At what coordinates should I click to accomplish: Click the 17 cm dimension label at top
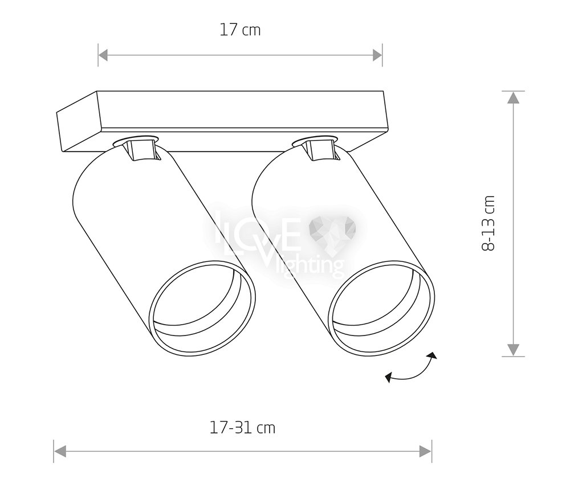point(241,30)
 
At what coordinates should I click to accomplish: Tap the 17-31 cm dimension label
point(242,427)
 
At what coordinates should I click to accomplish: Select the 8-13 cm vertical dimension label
point(488,223)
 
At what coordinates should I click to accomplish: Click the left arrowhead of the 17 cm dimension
point(103,56)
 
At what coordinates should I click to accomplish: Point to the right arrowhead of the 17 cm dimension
point(377,56)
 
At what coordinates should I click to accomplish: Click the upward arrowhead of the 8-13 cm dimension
point(513,97)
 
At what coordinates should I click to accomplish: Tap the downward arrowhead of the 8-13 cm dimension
point(513,350)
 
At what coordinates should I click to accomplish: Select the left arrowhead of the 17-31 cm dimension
point(60,452)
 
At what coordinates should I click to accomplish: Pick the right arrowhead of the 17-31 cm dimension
point(425,452)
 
